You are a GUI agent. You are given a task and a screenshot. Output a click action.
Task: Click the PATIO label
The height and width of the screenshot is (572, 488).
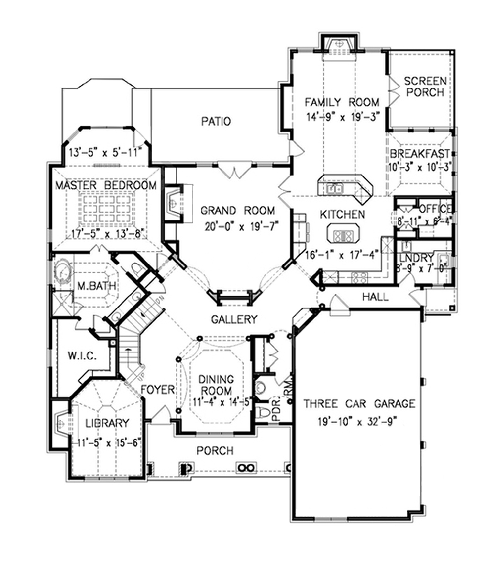coord(217,121)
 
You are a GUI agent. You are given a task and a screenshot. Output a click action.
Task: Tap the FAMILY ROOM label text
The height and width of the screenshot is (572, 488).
coord(342,103)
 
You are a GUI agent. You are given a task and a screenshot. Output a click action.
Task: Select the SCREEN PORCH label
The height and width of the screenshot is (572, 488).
coord(425,87)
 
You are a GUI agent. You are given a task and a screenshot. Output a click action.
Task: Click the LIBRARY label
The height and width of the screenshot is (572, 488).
coord(107,423)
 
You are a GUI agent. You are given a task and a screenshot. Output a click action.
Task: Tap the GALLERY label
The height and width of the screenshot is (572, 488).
coord(234,319)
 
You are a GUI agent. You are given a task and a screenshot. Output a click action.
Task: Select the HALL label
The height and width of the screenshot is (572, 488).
coord(375,297)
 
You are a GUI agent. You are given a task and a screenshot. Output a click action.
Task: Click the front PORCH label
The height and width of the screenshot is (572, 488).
coord(215,450)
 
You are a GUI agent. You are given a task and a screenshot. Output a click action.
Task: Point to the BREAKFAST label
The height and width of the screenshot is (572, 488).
coord(419,153)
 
